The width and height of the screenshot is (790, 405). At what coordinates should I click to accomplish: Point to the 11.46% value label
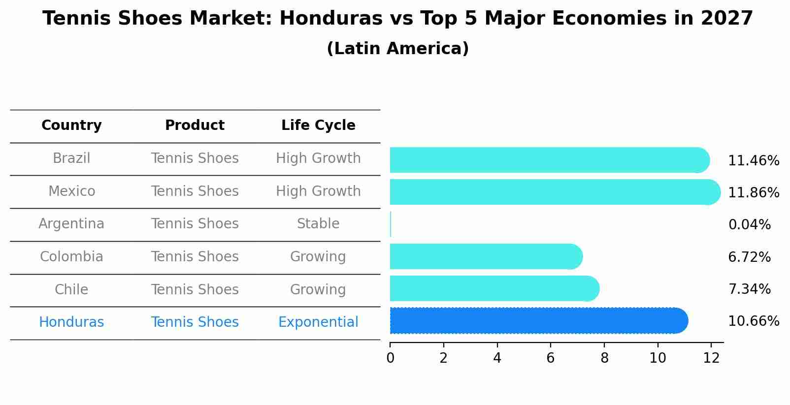[x=753, y=161]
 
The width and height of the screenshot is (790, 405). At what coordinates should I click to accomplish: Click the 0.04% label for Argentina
[x=749, y=225]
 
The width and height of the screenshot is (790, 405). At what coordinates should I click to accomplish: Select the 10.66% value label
[x=753, y=321]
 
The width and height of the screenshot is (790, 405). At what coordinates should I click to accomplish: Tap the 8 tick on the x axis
[x=604, y=358]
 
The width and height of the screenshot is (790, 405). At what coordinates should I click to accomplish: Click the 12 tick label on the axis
[x=711, y=358]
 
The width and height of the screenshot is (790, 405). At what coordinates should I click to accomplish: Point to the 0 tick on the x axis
[x=390, y=358]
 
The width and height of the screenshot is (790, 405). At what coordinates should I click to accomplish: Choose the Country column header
[x=71, y=125]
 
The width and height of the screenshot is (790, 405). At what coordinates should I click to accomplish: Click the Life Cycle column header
[x=318, y=125]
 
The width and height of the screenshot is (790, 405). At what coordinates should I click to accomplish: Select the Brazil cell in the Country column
[x=71, y=158]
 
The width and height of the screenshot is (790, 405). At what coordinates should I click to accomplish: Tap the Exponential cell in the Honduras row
[x=318, y=322]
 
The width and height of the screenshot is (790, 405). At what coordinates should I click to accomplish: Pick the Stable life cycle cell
[x=318, y=224]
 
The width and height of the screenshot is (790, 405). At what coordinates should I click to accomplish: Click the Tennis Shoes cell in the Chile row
[x=195, y=289]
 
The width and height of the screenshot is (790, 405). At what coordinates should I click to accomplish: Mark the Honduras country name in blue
[x=71, y=322]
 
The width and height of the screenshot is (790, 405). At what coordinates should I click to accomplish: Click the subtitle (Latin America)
[x=397, y=49]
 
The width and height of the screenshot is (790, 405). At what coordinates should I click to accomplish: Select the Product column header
[x=195, y=125]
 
